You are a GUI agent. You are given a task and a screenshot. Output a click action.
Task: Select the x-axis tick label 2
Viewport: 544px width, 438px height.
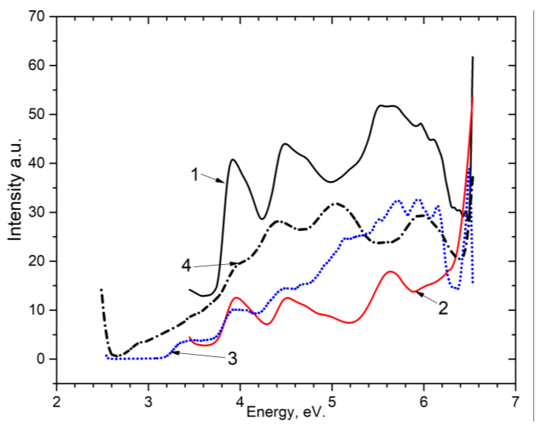tap(57, 402)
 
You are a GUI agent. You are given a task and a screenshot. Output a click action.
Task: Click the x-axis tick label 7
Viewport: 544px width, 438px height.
tap(515, 402)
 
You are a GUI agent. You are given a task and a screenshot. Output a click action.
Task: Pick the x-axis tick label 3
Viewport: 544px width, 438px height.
tap(148, 402)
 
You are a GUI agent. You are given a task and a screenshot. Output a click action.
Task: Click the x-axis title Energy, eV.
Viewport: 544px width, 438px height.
tap(286, 412)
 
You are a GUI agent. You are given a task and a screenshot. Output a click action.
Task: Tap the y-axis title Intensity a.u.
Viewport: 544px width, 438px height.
tap(15, 190)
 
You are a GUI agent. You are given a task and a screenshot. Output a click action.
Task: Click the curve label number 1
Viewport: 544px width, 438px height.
tap(195, 175)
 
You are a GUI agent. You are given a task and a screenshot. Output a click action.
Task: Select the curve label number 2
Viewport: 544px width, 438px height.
tap(443, 308)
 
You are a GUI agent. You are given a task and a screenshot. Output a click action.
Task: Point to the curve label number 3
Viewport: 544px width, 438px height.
tap(232, 359)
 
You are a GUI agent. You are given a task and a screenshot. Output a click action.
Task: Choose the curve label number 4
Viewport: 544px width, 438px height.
tap(186, 266)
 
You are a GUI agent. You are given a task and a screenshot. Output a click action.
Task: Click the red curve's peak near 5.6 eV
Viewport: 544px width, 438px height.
tap(390, 272)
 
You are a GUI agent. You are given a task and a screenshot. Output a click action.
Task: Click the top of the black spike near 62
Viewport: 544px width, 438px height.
tap(473, 57)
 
